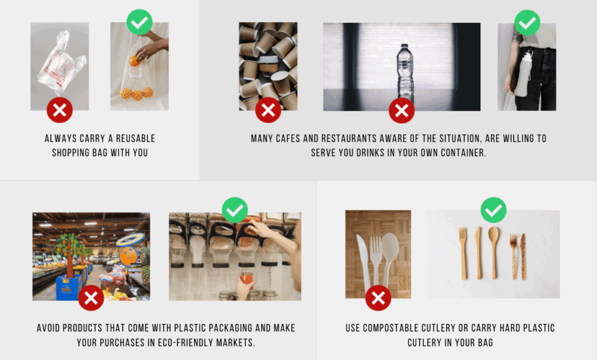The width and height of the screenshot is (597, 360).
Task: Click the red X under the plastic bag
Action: point(60,110)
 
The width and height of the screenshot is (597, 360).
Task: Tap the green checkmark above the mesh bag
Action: point(140,22)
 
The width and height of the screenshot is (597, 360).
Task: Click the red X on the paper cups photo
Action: point(268,110)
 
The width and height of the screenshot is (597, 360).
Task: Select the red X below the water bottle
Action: point(402,110)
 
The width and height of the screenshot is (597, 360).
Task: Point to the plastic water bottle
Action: point(405,71)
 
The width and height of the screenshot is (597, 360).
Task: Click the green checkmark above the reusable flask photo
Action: point(527,23)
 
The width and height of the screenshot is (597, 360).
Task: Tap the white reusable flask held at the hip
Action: point(523,74)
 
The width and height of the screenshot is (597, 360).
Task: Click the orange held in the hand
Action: point(134,61)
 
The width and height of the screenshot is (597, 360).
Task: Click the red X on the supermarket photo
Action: point(91,298)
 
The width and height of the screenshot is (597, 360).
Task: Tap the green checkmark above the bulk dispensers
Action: point(235,210)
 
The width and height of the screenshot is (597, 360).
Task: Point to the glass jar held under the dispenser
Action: point(247,278)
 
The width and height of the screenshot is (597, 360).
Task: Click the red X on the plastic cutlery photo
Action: point(378,298)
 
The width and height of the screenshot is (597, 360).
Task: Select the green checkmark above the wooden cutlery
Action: point(493,210)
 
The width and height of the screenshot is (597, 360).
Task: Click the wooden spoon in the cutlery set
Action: point(494,253)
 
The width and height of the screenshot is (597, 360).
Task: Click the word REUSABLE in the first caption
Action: point(135,139)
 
